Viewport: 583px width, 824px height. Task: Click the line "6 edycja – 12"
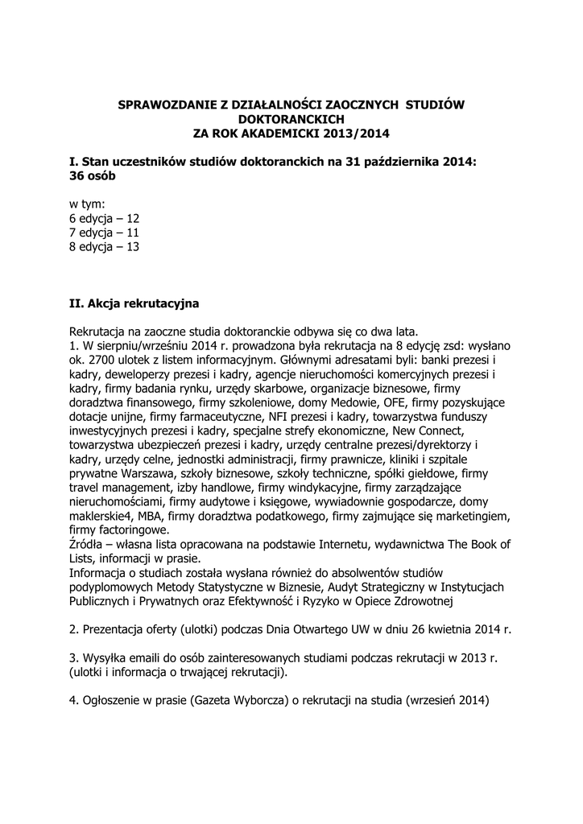tap(105, 218)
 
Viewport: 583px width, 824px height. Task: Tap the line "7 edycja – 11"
tap(105, 233)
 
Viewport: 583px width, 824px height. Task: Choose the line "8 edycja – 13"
tap(105, 247)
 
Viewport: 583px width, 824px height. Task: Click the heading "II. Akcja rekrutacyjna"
tap(134, 304)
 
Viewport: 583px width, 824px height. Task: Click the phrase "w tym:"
tap(88, 204)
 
